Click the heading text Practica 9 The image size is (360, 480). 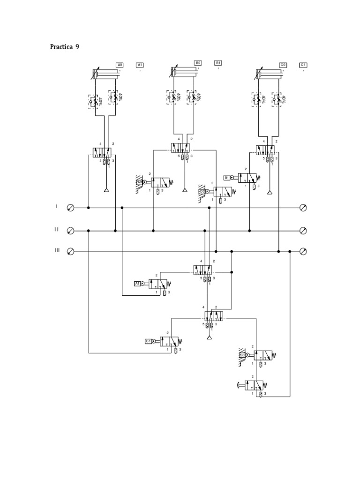pos(67,47)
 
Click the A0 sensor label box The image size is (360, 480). pos(120,65)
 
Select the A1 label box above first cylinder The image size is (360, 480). pos(140,65)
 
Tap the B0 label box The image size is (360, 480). pos(198,62)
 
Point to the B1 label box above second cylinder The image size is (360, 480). pos(218,62)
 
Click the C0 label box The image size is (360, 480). pos(283,65)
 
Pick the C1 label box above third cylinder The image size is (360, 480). pos(303,65)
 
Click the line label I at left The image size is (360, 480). pos(57,206)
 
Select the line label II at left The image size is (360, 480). pos(56,229)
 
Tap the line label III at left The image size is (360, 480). pos(57,251)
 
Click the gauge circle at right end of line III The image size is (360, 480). pos(303,252)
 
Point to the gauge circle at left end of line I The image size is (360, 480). pos(70,208)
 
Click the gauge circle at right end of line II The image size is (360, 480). pos(303,231)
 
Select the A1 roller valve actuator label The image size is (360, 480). pos(137,284)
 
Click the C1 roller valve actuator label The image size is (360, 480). pos(148,341)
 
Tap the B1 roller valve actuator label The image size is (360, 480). pos(227,178)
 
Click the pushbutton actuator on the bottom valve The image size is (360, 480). pos(241,385)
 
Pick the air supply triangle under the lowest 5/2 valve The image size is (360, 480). pos(209,338)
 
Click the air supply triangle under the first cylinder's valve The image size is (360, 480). pos(106,190)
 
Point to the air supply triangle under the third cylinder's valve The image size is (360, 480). pos(270,192)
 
